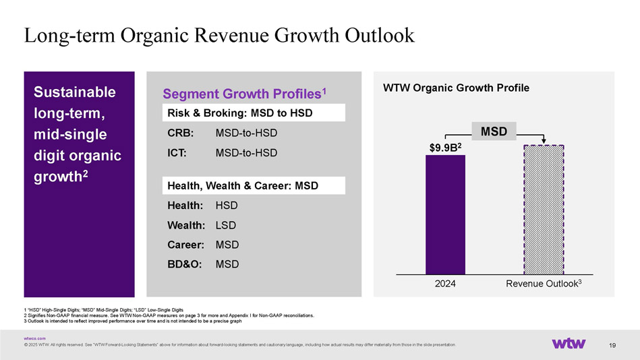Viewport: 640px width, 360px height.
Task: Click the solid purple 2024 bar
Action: (445, 214)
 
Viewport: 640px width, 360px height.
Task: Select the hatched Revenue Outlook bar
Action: (544, 210)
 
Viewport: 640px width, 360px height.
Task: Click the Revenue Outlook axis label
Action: (543, 284)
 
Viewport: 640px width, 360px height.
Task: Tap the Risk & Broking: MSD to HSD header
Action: (239, 112)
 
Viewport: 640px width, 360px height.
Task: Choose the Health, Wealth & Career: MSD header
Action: (242, 185)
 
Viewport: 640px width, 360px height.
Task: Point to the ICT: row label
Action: (179, 153)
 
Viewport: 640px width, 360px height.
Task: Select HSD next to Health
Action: (227, 205)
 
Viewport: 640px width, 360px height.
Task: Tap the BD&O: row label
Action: (184, 264)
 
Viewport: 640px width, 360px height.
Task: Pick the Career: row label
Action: (184, 244)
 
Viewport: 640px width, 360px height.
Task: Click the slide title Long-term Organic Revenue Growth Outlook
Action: (219, 35)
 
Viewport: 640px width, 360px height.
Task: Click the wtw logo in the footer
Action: (569, 343)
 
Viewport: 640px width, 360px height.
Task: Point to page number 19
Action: (612, 346)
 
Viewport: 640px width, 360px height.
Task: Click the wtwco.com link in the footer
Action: (34, 338)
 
